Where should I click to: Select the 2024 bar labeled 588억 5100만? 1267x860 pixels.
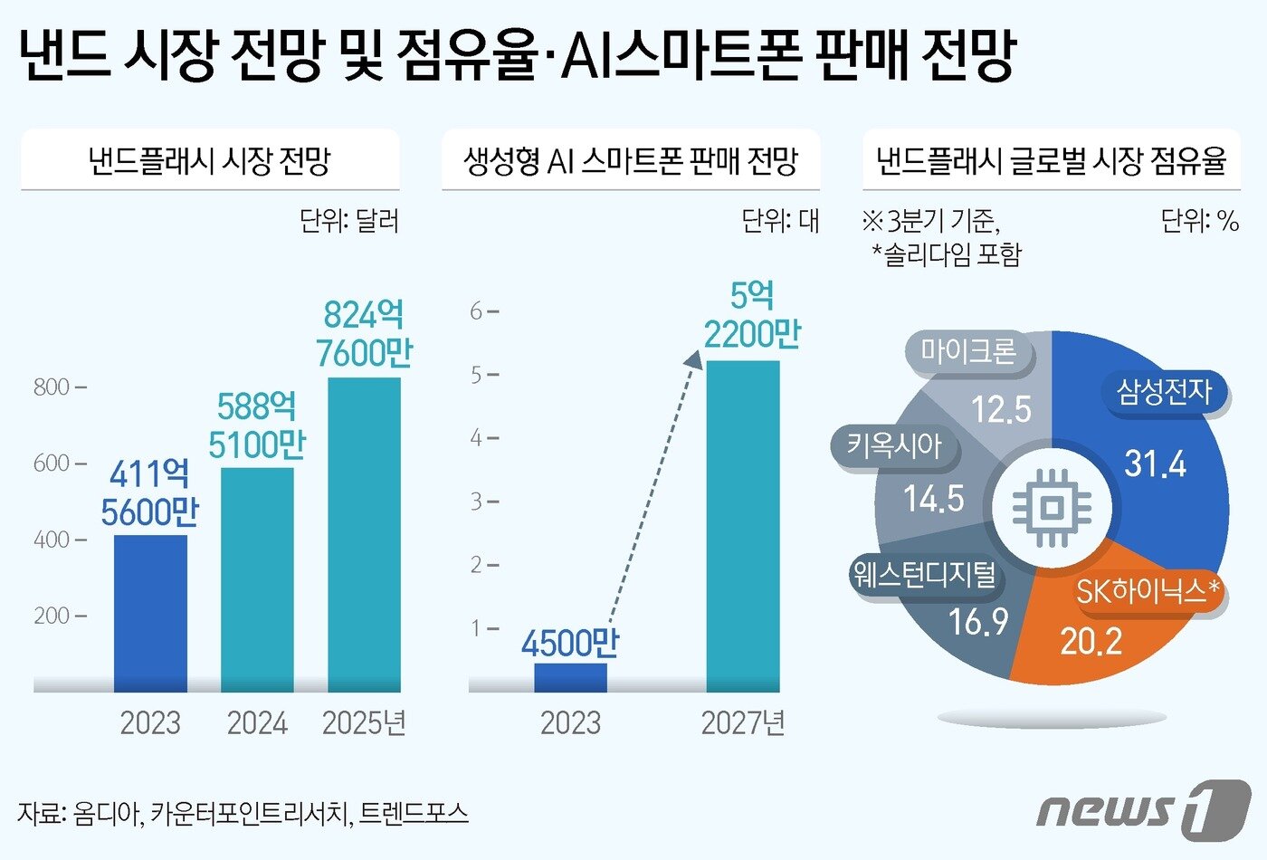[x=257, y=579]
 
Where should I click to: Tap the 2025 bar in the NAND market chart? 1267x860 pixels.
[x=364, y=534]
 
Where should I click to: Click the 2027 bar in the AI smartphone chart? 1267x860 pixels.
[x=742, y=525]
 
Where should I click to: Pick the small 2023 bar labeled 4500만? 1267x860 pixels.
[x=570, y=678]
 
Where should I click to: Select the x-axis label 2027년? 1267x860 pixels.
[x=742, y=723]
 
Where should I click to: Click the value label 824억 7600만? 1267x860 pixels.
[x=364, y=334]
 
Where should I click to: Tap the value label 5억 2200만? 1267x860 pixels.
[x=752, y=315]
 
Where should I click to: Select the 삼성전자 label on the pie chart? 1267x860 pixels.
[x=1164, y=392]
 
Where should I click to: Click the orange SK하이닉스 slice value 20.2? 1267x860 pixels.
[x=1091, y=642]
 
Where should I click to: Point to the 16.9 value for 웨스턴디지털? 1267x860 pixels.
[x=977, y=622]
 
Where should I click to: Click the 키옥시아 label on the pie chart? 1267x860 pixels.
[x=893, y=445]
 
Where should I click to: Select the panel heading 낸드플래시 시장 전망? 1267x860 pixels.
[x=209, y=161]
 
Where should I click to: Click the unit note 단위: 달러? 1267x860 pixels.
[x=349, y=220]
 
